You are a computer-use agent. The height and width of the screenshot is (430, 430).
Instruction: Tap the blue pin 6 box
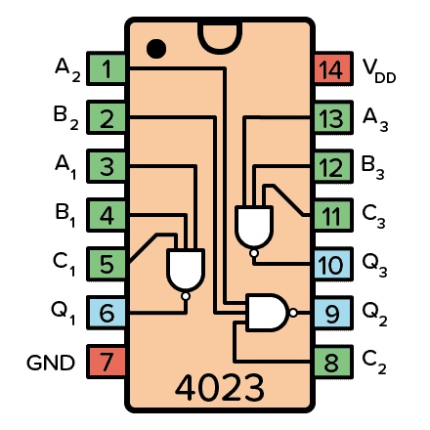coord(107,314)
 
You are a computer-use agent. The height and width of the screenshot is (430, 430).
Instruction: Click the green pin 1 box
coord(107,69)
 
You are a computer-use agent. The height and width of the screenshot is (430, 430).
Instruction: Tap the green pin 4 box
coord(107,216)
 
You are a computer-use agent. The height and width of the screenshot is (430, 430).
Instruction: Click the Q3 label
coord(376,265)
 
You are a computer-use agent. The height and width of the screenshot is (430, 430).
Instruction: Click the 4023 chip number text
coord(219,388)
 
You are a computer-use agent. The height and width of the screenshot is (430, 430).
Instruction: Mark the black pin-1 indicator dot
coord(154,47)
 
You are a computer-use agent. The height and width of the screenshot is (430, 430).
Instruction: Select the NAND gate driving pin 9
coord(266,313)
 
